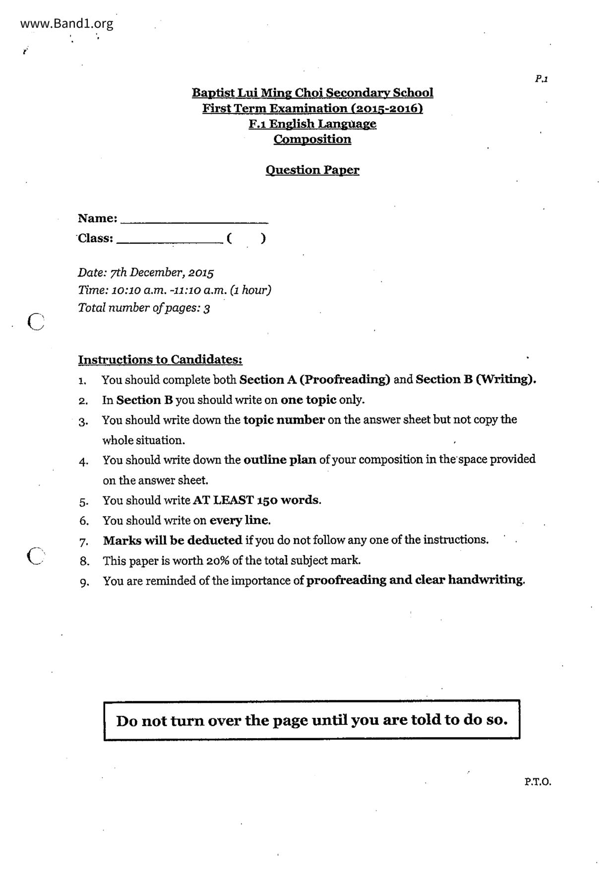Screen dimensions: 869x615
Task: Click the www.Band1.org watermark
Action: click(x=67, y=23)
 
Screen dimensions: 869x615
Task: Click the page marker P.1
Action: click(x=541, y=79)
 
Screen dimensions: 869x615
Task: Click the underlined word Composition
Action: click(x=312, y=139)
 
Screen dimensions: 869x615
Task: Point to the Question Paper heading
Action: click(x=312, y=170)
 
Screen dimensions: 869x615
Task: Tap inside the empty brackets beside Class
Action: click(x=246, y=238)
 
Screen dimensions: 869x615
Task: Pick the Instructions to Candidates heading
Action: click(x=160, y=360)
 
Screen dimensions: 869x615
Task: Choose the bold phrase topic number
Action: click(x=284, y=420)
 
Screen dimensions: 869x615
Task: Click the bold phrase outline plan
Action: click(x=280, y=460)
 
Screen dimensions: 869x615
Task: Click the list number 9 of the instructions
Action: click(x=84, y=582)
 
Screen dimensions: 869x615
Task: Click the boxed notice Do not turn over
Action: click(x=312, y=720)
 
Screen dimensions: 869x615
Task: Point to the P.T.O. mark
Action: click(x=538, y=782)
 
